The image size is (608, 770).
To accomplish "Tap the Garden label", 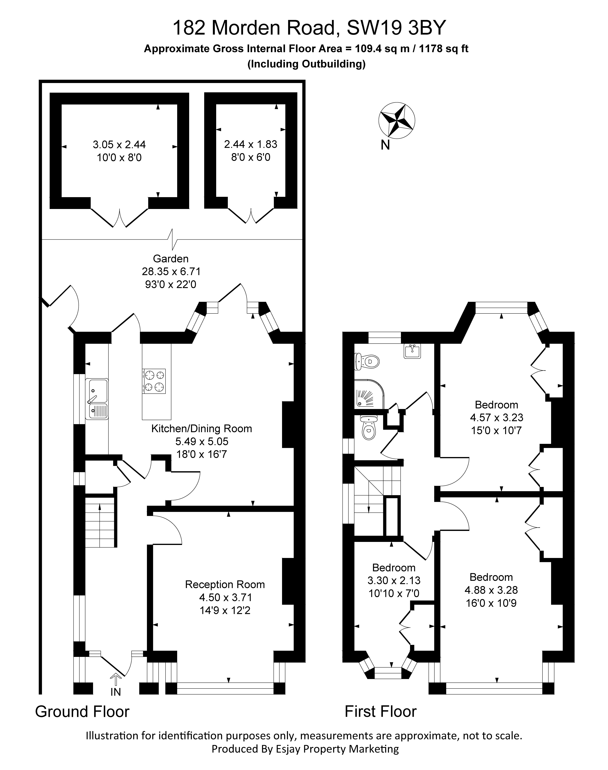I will pyautogui.click(x=171, y=259).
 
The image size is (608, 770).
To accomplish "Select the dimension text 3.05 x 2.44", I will pyautogui.click(x=119, y=145).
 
